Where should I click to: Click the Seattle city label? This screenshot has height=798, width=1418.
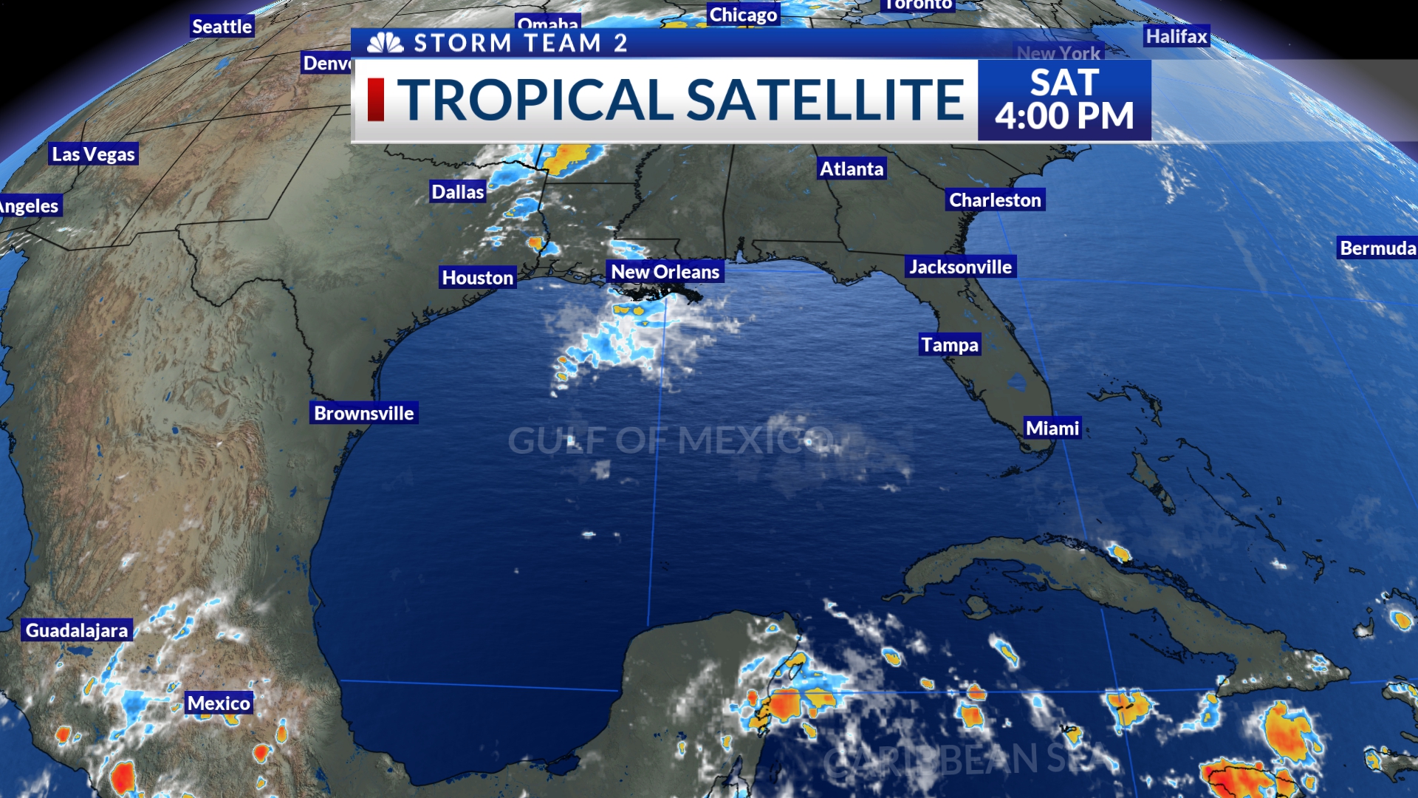(222, 27)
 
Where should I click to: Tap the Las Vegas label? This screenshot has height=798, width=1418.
(93, 154)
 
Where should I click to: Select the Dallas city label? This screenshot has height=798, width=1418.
(458, 192)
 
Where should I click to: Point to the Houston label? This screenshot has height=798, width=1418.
(477, 278)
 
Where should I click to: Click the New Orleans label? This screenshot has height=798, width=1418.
(665, 272)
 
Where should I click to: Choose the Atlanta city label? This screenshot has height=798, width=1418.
(852, 169)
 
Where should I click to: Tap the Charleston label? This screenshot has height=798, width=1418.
(995, 200)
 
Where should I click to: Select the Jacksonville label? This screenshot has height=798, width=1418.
(960, 267)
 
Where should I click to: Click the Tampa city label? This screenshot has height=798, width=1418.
(950, 345)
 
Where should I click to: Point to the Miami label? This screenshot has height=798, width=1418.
(1052, 429)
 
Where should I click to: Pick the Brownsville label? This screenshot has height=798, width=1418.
(363, 413)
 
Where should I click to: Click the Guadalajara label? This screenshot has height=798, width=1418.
(77, 630)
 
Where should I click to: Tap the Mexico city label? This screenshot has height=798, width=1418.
(219, 703)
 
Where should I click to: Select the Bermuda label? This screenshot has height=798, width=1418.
(1377, 248)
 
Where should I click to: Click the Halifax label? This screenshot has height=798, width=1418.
(1176, 36)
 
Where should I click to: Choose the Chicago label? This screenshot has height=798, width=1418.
(743, 15)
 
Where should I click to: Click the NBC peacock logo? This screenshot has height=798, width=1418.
(386, 43)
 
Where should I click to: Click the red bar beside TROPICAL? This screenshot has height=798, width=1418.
(376, 100)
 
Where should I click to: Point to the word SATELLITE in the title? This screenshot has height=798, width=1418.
(825, 100)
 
